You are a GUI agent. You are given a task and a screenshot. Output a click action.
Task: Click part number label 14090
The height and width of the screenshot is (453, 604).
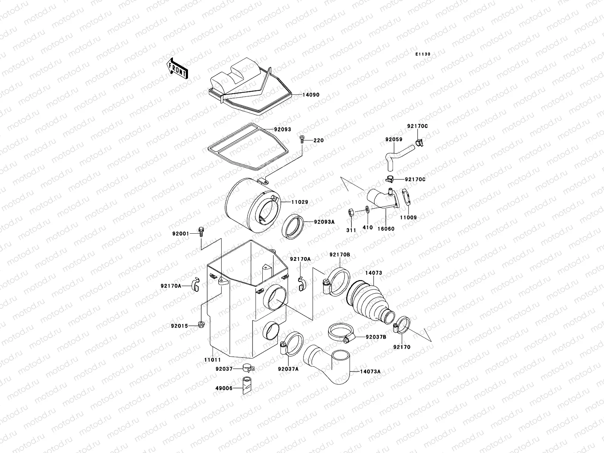coord(311,95)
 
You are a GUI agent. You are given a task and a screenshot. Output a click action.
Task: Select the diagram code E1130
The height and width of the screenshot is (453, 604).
coord(423,54)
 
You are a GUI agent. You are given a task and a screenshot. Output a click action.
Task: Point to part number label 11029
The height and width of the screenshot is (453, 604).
coord(299,202)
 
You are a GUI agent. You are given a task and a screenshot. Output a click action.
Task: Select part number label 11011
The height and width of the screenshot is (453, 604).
coord(212,360)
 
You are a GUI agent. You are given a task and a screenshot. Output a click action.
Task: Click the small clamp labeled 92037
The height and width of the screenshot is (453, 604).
coord(247,367)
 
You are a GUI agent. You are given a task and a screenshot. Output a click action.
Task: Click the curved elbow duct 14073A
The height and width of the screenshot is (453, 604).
coord(328,364)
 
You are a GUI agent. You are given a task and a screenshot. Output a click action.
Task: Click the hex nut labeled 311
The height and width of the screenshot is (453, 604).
coord(351,212)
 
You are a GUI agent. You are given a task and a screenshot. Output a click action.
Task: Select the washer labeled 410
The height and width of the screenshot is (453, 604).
coord(367,210)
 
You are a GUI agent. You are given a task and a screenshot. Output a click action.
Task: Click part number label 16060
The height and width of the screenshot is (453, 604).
coord(386,228)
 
